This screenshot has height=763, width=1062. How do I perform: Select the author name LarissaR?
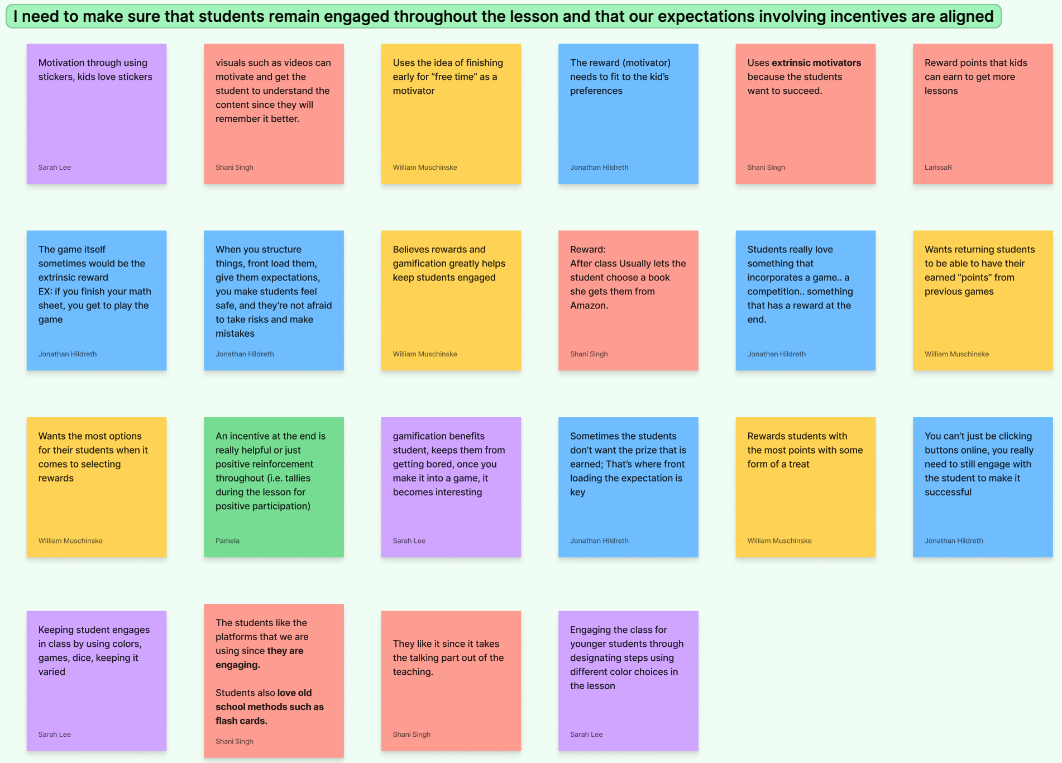click(x=938, y=168)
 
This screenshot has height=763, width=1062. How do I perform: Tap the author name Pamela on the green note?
click(x=227, y=541)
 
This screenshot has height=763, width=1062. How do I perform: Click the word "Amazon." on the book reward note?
click(x=589, y=306)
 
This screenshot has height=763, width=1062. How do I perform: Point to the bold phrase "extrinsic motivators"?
click(x=816, y=63)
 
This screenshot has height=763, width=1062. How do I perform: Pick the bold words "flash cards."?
click(x=241, y=721)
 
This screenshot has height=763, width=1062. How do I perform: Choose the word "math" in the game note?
click(x=140, y=292)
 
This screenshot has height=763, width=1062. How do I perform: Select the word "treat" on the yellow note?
click(x=799, y=464)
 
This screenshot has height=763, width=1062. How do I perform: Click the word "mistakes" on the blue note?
click(x=235, y=333)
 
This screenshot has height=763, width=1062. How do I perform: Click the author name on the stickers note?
click(x=54, y=168)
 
